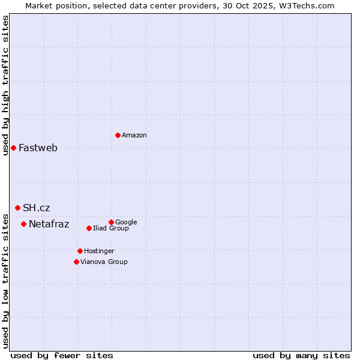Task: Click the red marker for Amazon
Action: [x=118, y=135]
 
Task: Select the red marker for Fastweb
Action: [x=13, y=148]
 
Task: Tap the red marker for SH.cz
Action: [x=17, y=208]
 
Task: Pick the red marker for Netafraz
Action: [x=23, y=224]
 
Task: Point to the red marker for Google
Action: [x=111, y=222]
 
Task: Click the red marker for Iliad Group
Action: [x=89, y=228]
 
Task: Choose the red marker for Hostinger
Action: [x=80, y=251]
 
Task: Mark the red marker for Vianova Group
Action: [x=76, y=262]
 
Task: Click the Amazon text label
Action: [x=134, y=136]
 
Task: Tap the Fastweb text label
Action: [x=38, y=148]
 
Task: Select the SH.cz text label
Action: [x=37, y=208]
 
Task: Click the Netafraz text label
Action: [x=49, y=224]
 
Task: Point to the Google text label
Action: [x=126, y=222]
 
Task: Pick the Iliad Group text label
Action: [x=111, y=229]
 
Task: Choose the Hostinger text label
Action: [x=99, y=251]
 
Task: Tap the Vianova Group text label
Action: [x=104, y=262]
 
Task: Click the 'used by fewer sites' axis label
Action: [x=62, y=355]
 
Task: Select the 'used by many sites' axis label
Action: [x=301, y=355]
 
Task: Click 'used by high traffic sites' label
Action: [x=5, y=85]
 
